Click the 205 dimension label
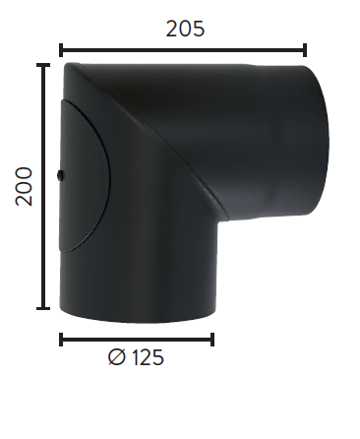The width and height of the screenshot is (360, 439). pos(185,29)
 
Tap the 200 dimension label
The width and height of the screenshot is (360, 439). pos(25,186)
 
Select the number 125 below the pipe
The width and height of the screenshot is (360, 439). pos(148,357)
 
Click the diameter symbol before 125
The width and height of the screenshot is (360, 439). pos(116,357)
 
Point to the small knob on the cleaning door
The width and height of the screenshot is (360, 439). pos(60,175)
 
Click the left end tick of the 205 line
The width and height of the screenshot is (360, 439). pos(61,50)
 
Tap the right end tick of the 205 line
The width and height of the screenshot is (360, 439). pos(305,50)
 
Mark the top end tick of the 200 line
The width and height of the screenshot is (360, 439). pos(43,65)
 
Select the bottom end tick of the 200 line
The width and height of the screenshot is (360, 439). pos(43,308)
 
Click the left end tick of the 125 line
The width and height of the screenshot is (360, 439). pos(61,340)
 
